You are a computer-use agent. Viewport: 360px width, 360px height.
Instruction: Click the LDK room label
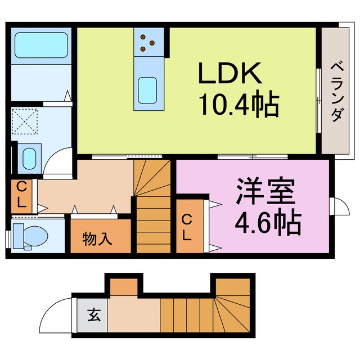229,73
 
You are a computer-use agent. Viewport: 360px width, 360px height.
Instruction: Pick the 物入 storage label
97,239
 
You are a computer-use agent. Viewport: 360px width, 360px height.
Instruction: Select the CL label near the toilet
21,196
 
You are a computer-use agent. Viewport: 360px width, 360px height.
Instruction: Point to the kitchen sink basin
147,89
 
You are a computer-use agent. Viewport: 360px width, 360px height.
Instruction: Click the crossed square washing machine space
27,122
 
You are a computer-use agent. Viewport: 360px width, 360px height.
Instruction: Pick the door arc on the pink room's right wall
340,206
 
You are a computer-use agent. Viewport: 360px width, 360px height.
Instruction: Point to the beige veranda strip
336,90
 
